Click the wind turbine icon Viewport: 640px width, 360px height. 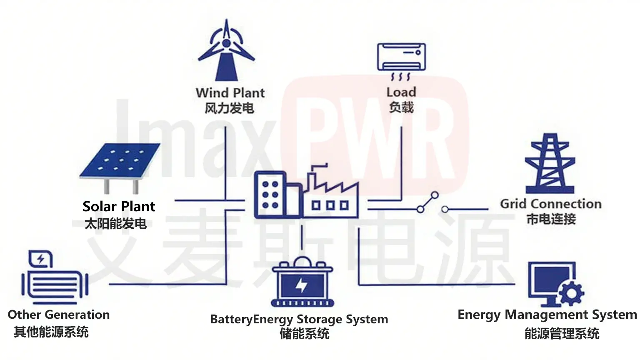point(226,50)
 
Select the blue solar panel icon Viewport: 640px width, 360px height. point(120,160)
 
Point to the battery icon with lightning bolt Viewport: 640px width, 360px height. point(302,284)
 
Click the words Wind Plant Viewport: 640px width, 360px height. point(230,92)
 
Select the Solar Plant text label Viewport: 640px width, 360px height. point(119,206)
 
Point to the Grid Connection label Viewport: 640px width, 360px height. point(551,204)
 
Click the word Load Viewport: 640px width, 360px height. point(401,92)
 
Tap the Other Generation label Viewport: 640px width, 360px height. point(59,315)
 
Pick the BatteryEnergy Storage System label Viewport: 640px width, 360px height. point(299,319)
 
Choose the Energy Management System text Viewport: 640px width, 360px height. point(547,315)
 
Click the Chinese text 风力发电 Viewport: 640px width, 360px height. point(229,108)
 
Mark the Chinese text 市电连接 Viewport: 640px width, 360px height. point(551,219)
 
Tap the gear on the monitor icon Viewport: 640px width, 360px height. point(571,293)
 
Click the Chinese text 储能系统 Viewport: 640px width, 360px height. point(305,334)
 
